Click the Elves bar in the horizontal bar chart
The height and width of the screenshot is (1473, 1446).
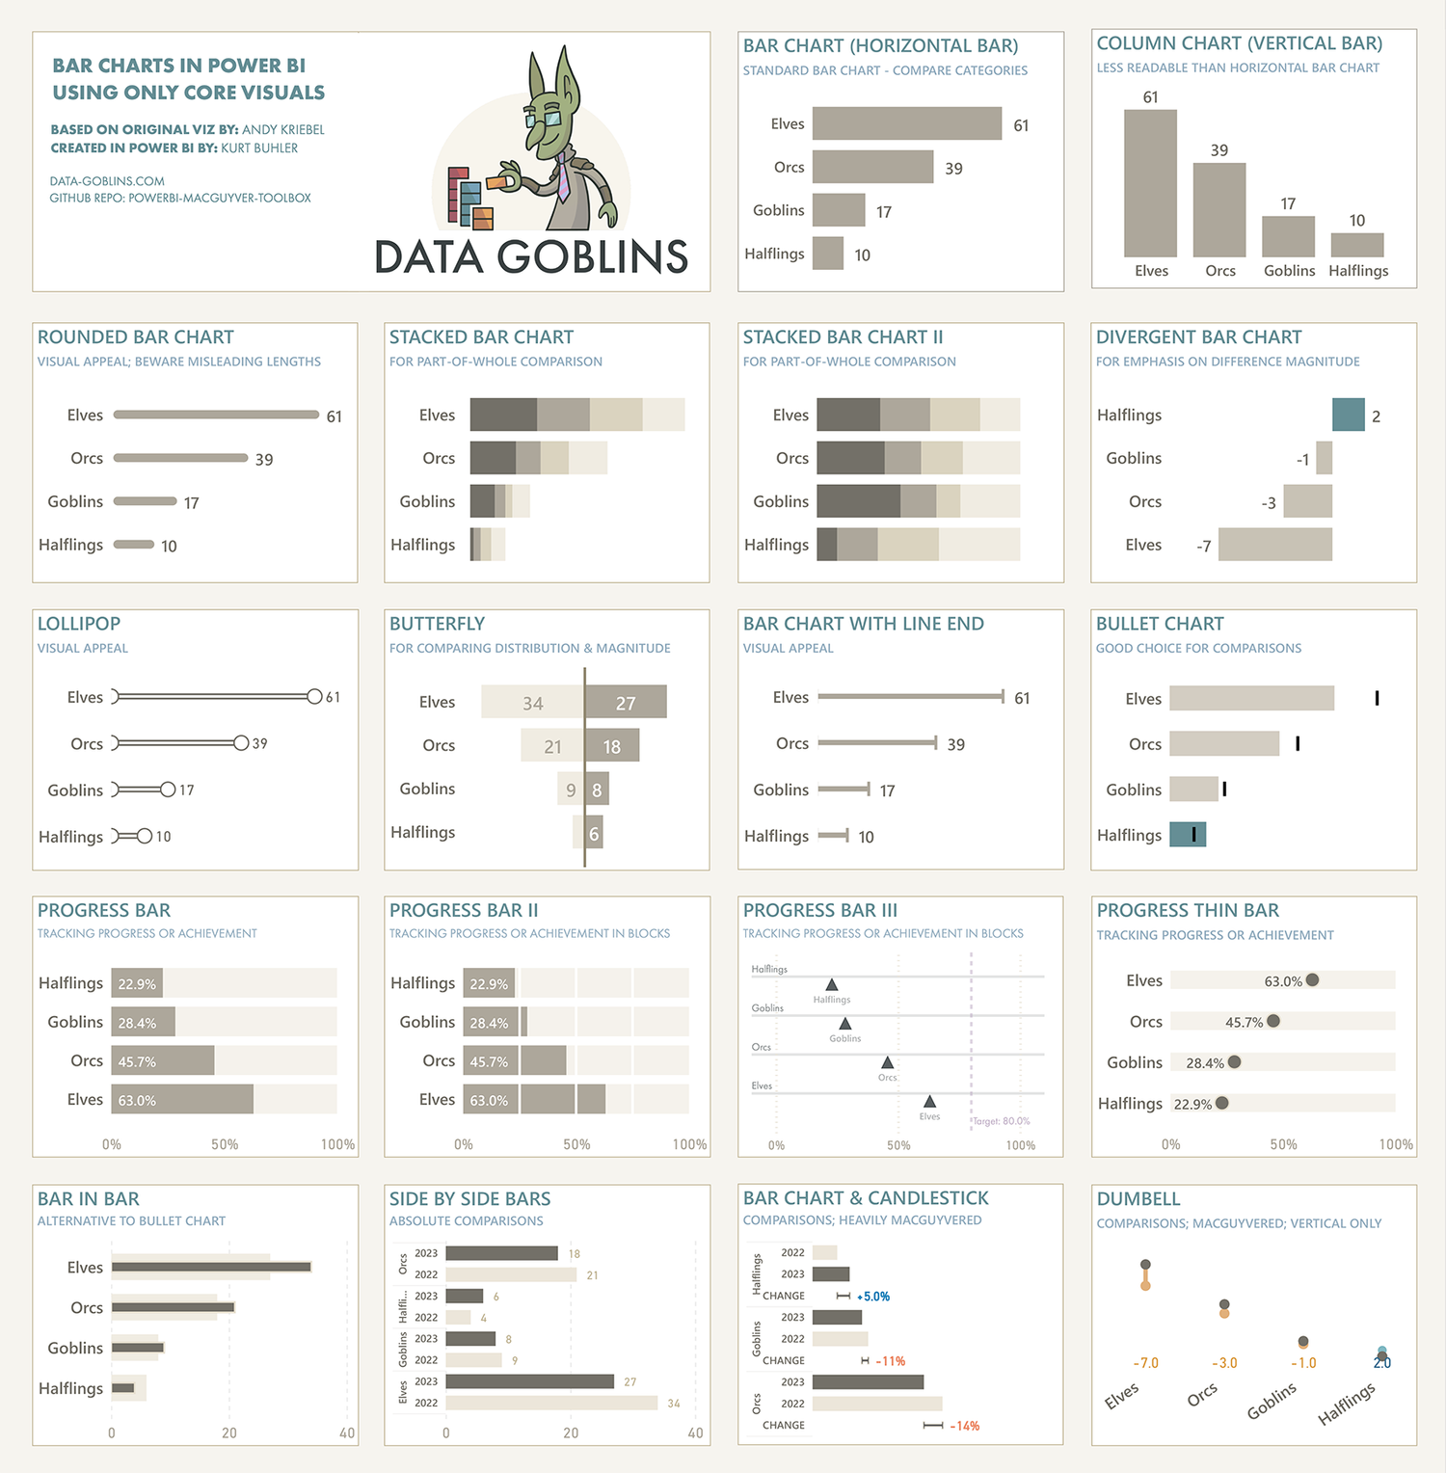point(906,123)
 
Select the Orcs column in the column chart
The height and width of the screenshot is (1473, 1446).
point(1219,209)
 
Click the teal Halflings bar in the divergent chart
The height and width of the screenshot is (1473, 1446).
point(1348,415)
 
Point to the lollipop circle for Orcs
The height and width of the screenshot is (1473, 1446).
point(241,743)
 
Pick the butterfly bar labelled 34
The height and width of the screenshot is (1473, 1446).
point(532,702)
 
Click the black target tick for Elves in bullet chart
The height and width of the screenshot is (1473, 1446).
point(1377,698)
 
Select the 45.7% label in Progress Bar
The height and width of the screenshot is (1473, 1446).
point(137,1061)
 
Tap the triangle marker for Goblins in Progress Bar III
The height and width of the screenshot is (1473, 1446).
point(844,1024)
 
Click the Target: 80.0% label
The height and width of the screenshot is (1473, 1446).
point(1002,1121)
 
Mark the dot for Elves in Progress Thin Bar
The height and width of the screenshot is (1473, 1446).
point(1312,980)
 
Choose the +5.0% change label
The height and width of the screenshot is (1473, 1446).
point(873,1297)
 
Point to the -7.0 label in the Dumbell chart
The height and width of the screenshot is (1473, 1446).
point(1145,1363)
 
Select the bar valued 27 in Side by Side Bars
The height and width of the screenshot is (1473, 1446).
point(529,1381)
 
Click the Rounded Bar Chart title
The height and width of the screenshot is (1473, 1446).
point(136,337)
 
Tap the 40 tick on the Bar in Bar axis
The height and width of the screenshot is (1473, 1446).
point(347,1433)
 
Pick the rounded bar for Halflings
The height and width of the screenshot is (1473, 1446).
point(134,545)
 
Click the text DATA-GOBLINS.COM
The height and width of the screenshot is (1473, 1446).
point(107,181)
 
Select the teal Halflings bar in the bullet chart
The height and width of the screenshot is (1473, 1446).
point(1187,835)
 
